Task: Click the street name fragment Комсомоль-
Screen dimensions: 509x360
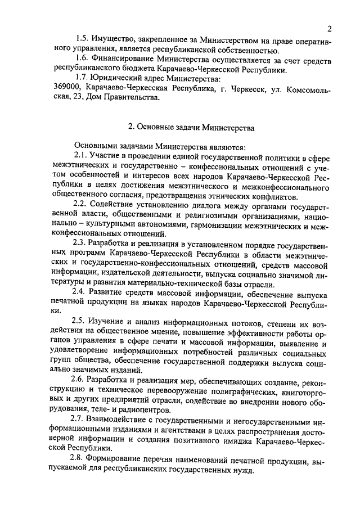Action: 307,91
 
